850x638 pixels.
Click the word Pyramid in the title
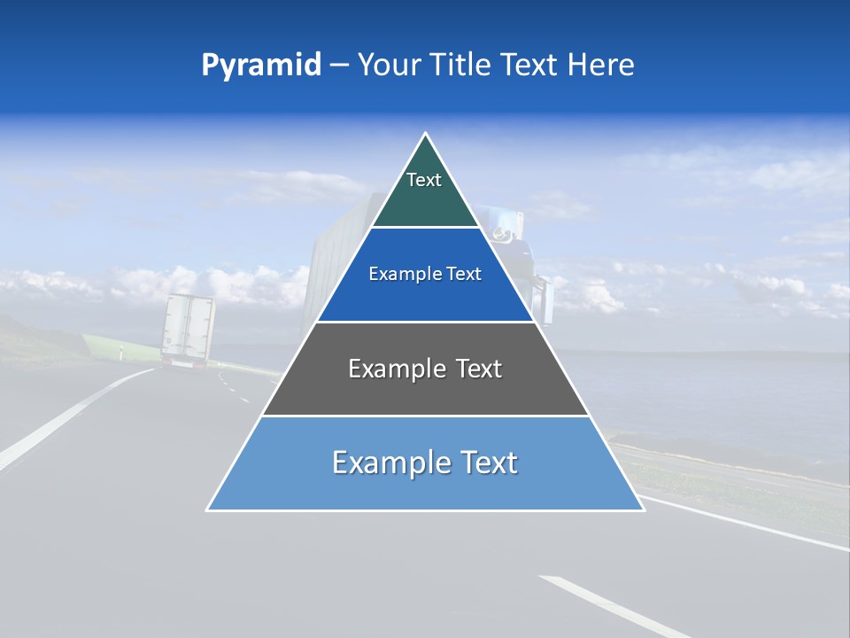tap(261, 66)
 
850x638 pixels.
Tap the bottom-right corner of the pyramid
tap(642, 509)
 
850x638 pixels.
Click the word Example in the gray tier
tap(387, 369)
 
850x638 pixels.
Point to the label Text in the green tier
tap(424, 180)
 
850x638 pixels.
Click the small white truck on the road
tap(188, 330)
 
